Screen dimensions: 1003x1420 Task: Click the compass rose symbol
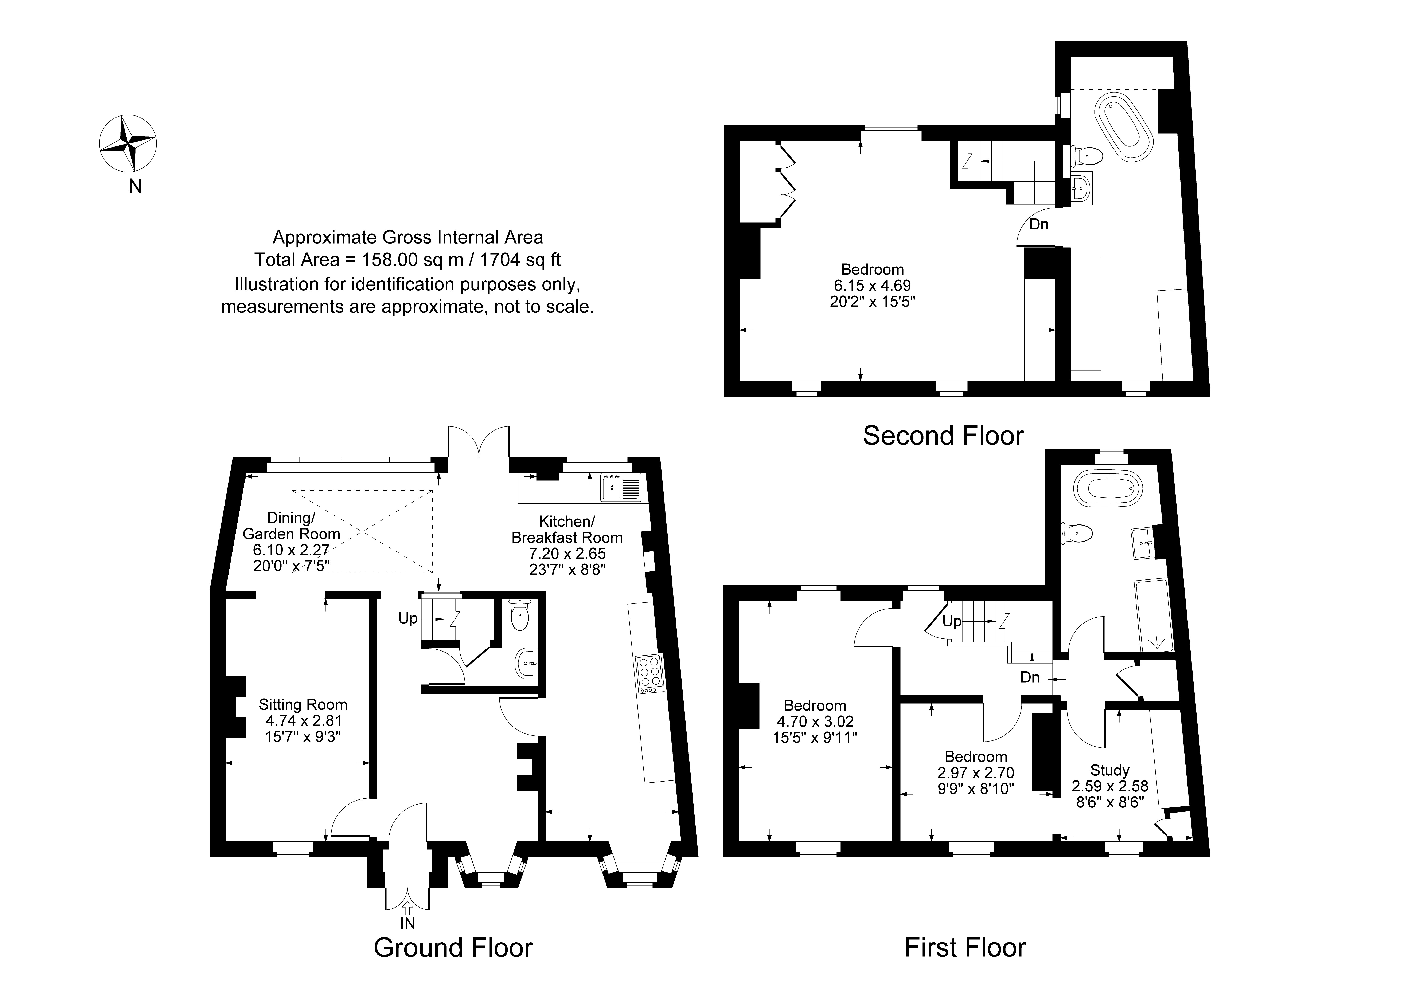(128, 143)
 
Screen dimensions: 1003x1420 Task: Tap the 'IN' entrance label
(407, 923)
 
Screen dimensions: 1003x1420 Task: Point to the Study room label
(1109, 770)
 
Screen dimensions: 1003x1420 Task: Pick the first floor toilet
(1078, 532)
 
